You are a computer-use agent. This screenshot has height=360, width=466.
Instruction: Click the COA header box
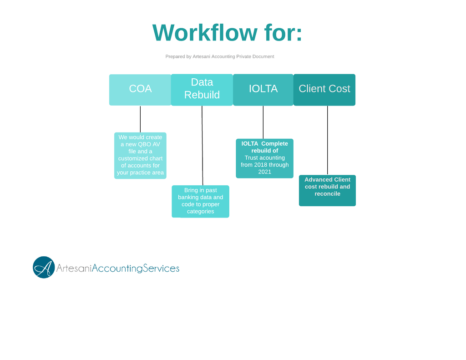[x=140, y=90]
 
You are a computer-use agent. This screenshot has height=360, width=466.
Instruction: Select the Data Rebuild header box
[x=202, y=90]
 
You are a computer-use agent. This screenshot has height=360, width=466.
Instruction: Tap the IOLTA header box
[x=263, y=90]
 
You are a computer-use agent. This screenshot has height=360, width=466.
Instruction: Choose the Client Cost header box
[x=324, y=90]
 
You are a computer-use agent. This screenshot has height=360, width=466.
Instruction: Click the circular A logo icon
[x=44, y=267]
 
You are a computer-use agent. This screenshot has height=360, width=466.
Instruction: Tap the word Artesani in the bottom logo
[x=73, y=268]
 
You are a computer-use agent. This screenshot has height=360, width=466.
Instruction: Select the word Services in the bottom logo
[x=161, y=268]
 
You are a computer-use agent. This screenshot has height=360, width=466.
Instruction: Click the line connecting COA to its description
[x=140, y=119]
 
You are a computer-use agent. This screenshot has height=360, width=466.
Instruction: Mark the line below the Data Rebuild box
[x=203, y=146]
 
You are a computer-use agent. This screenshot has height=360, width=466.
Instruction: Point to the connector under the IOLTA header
[x=263, y=122]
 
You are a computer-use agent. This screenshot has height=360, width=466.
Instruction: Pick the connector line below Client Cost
[x=328, y=140]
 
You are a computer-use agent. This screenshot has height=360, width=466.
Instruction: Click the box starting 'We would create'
[x=140, y=156]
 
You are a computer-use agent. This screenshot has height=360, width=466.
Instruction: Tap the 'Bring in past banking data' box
[x=200, y=202]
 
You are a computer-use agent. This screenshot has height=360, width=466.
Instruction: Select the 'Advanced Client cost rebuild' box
[x=327, y=191]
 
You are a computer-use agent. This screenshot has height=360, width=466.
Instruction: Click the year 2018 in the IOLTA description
[x=260, y=165]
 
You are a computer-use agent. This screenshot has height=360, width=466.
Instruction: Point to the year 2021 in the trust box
[x=264, y=172]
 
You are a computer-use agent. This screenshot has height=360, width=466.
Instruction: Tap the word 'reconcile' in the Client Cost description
[x=327, y=194]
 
